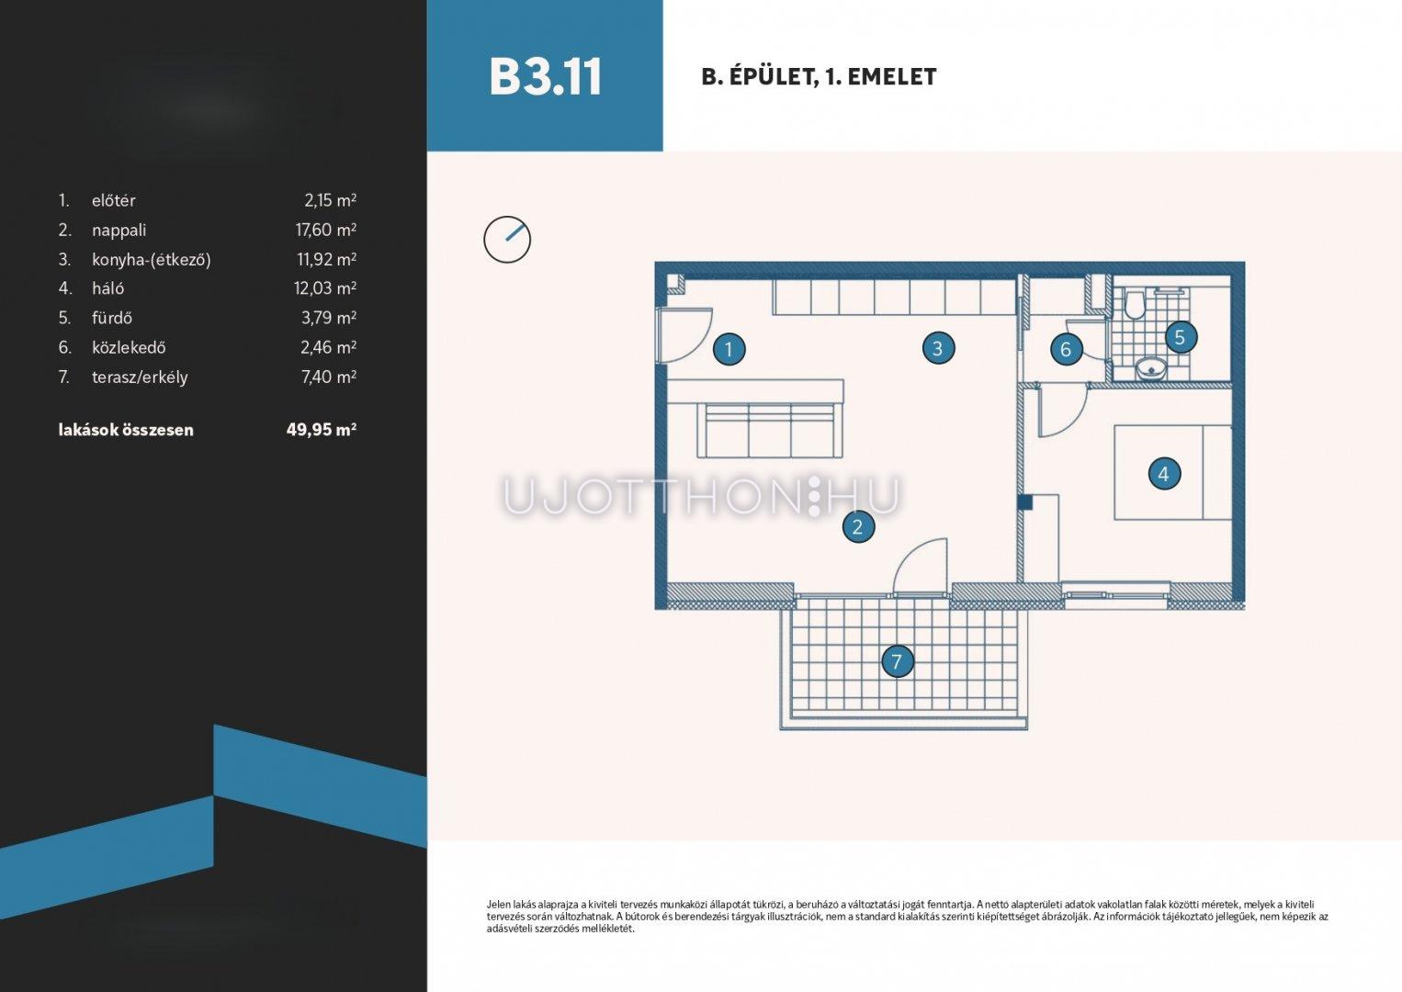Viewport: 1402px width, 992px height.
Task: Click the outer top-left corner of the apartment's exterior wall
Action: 655,263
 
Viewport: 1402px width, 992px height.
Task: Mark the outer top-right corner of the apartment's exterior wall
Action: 1244,263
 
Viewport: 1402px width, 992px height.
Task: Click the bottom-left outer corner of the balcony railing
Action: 781,729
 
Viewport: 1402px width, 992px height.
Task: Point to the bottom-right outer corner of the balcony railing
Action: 1027,729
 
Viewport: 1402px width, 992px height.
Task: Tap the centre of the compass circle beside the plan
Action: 507,240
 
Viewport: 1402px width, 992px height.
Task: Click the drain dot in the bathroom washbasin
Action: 1150,370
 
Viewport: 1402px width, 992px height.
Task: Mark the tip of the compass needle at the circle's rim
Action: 521,226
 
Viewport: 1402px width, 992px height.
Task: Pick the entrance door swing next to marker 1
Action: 685,335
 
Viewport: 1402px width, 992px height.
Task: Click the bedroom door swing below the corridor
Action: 1062,411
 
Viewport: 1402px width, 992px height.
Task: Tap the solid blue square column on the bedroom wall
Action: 1024,502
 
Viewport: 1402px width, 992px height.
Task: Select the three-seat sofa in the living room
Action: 771,431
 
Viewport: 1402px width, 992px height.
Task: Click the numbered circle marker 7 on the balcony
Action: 897,661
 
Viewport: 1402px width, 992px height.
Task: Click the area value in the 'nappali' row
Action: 326,230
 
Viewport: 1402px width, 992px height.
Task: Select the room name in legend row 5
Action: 112,318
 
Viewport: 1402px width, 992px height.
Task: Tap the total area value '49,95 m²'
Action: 322,430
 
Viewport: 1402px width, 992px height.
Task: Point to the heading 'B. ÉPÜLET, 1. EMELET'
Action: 819,77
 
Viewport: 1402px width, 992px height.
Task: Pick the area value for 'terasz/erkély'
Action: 329,377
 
